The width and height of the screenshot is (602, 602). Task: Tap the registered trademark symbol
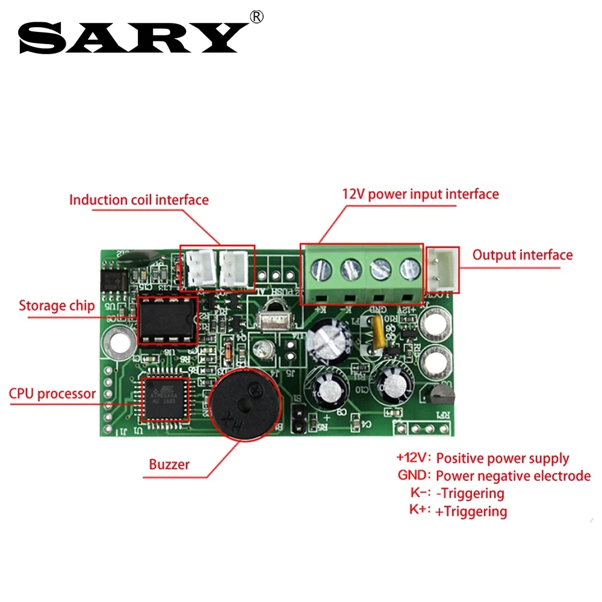[x=256, y=17]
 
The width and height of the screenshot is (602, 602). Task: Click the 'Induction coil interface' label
[x=138, y=200]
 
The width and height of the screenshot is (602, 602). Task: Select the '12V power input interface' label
[x=420, y=194]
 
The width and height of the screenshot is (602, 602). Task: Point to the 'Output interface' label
[x=522, y=255]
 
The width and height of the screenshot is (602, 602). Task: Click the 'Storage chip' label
[x=57, y=306]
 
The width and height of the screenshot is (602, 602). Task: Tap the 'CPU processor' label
[x=52, y=394]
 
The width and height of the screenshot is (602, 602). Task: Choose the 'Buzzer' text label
[x=169, y=464]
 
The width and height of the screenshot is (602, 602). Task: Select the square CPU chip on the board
[x=164, y=398]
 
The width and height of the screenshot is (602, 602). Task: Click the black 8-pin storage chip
[x=168, y=320]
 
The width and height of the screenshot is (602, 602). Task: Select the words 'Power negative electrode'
[x=513, y=476]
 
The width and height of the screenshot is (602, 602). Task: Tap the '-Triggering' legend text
[x=470, y=494]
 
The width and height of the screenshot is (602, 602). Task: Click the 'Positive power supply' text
[x=502, y=458]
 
